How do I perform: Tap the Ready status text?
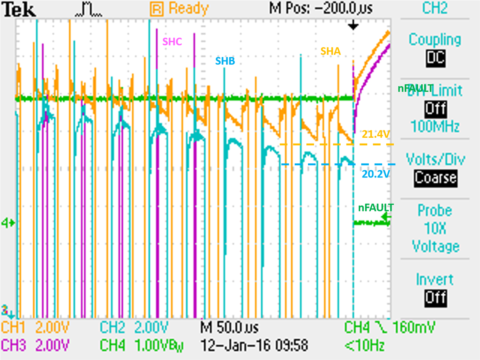click(x=188, y=9)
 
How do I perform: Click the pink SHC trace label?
click(x=172, y=41)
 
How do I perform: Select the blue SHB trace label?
click(x=225, y=61)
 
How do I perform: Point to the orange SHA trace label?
click(x=331, y=51)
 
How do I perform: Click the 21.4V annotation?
click(x=376, y=135)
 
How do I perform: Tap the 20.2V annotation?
click(x=376, y=174)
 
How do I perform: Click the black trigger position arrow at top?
click(x=353, y=26)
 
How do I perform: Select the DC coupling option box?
click(x=435, y=58)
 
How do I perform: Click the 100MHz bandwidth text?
click(x=435, y=127)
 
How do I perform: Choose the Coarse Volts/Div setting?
click(x=435, y=177)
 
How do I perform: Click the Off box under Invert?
click(x=435, y=298)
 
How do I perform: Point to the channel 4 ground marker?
click(x=9, y=223)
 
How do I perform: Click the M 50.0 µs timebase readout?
click(x=229, y=327)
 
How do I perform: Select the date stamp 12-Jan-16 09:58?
click(x=254, y=345)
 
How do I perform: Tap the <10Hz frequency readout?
click(x=364, y=345)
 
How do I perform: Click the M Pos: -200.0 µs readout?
click(x=321, y=8)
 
